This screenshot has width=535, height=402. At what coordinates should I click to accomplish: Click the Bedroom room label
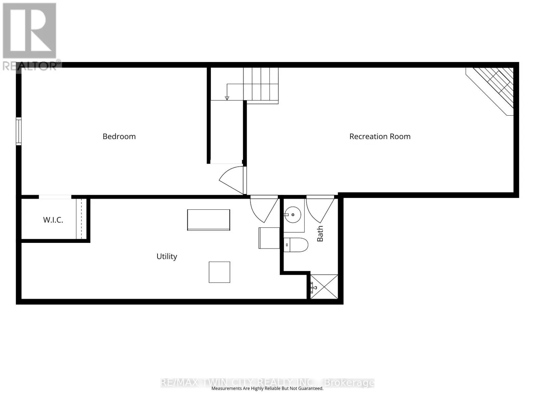[119, 136]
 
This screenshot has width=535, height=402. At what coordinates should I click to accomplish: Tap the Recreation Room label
[380, 136]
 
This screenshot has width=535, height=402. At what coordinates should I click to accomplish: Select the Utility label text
[167, 257]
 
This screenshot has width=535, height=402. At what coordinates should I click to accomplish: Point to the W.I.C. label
[53, 220]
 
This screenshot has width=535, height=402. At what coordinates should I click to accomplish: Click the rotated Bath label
[320, 233]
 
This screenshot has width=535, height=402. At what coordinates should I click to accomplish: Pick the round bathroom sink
[293, 215]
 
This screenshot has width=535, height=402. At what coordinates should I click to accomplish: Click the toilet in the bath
[296, 245]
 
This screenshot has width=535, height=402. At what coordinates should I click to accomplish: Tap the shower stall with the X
[324, 286]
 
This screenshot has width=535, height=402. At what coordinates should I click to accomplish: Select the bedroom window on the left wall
[18, 131]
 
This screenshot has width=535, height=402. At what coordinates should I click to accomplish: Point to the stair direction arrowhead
[227, 98]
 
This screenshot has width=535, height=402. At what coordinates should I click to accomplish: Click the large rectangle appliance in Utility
[208, 220]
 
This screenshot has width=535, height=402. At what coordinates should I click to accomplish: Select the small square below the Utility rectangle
[219, 272]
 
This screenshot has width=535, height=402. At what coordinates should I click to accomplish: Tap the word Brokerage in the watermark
[349, 383]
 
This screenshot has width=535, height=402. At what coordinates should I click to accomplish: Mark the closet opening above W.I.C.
[55, 197]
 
